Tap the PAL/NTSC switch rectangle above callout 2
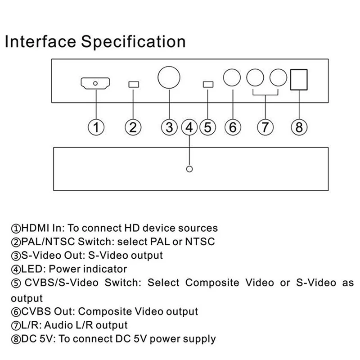tap(134, 84)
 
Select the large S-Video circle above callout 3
tap(169, 77)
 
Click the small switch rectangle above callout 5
tap(208, 84)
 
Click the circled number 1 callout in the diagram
tap(96, 127)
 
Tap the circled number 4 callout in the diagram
tap(189, 127)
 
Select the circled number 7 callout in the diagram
tap(265, 127)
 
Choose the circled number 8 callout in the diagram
tap(299, 127)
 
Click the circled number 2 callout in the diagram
tap(133, 127)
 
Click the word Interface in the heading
tap(40, 41)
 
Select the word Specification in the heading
tap(133, 42)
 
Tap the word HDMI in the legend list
tap(35, 228)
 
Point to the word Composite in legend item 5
tap(212, 283)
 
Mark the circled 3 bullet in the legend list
tap(16, 256)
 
